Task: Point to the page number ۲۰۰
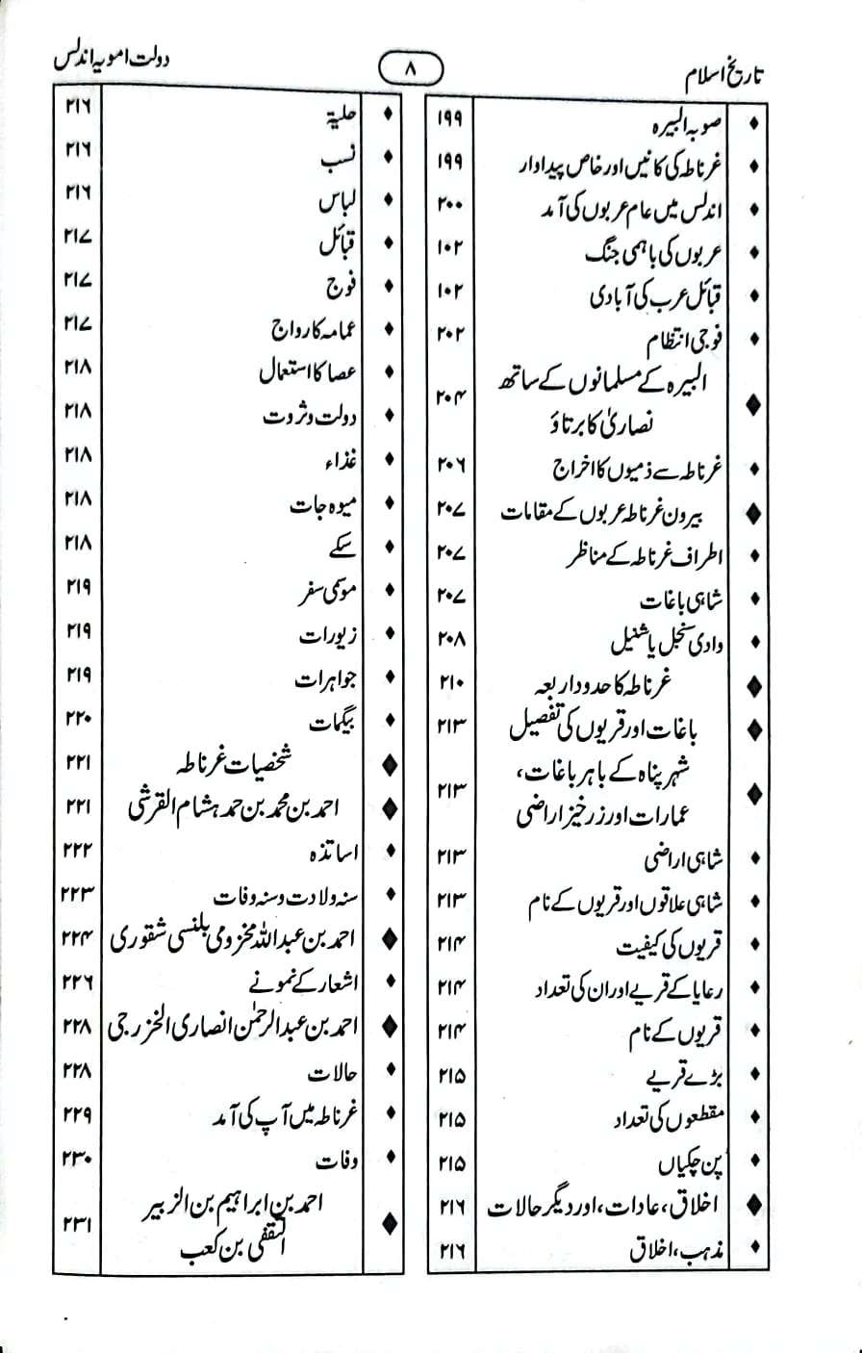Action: pyautogui.click(x=451, y=206)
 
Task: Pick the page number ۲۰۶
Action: pyautogui.click(x=451, y=467)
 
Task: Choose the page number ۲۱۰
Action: pyautogui.click(x=451, y=681)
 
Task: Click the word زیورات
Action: pyautogui.click(x=328, y=634)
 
